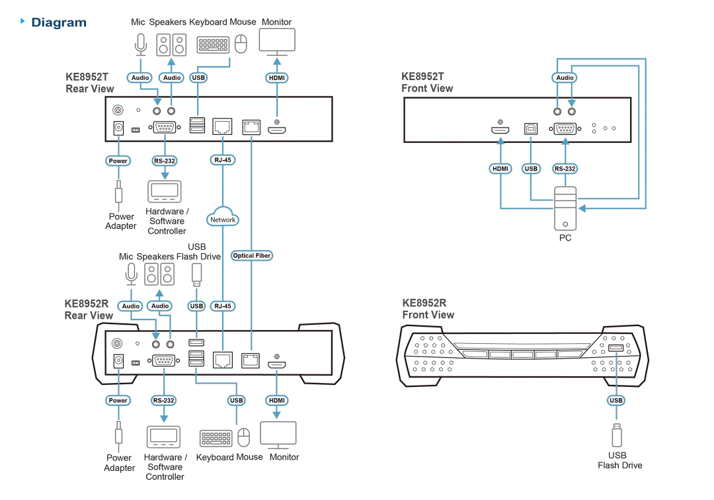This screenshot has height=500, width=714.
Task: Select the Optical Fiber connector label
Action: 251,256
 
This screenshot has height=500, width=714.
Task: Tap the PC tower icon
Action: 565,208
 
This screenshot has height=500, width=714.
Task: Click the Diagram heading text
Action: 59,22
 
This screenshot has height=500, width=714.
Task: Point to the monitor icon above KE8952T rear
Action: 277,41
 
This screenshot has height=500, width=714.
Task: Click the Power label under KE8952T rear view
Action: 118,161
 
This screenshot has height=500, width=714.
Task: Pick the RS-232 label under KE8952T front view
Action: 565,169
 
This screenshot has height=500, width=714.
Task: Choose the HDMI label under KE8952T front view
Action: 500,169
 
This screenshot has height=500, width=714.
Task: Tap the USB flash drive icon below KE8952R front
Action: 617,435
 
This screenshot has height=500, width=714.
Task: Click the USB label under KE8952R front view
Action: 616,400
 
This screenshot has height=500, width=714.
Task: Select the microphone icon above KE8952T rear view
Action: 141,44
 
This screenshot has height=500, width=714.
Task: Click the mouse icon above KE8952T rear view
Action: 241,44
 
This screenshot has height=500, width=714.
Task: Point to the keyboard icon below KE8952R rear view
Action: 216,438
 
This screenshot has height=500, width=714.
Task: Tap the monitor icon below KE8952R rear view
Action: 278,435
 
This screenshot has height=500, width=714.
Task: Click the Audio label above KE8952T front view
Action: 565,78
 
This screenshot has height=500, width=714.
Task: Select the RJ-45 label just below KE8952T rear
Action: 223,160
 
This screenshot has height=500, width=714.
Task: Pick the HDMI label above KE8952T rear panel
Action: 277,78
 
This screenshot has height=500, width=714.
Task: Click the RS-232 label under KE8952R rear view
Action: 163,400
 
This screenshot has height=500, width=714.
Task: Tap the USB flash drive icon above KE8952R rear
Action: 197,275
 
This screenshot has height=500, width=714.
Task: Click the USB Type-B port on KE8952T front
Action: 530,129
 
